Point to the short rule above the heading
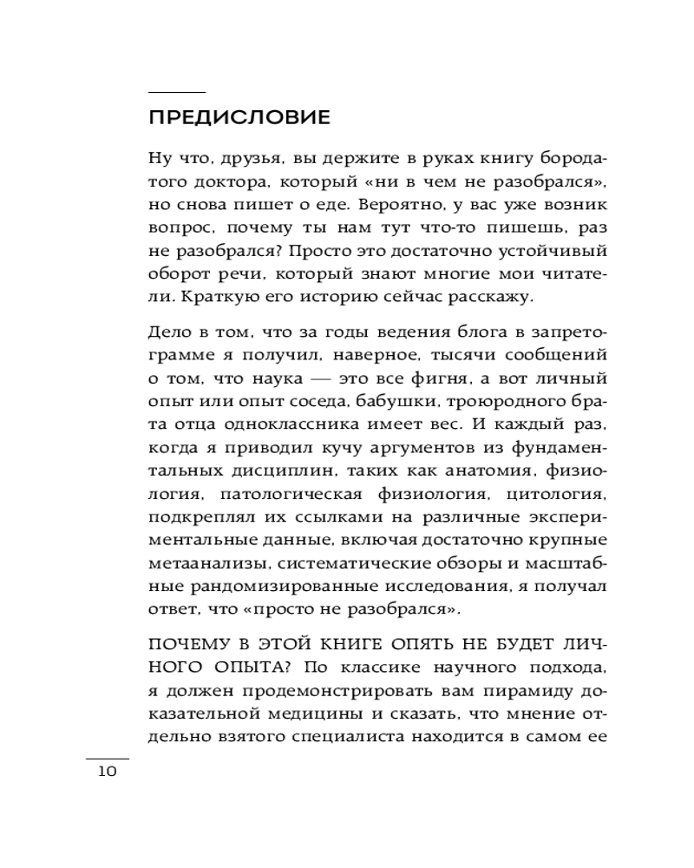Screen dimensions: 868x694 click(x=177, y=92)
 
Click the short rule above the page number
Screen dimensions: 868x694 click(x=107, y=758)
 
